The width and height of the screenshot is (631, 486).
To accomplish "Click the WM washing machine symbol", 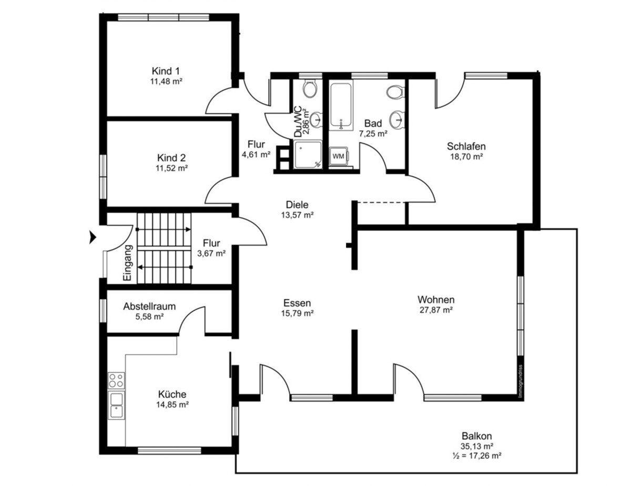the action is pyautogui.click(x=339, y=156).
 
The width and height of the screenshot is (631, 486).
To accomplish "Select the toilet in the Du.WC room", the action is pyautogui.click(x=310, y=88).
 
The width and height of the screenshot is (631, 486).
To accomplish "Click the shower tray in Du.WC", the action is pyautogui.click(x=308, y=155).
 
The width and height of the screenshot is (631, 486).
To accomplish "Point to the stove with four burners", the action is pyautogui.click(x=116, y=380).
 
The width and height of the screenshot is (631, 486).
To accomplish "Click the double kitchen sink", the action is pyautogui.click(x=116, y=405).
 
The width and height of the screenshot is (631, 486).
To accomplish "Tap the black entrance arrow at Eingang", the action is pyautogui.click(x=93, y=237).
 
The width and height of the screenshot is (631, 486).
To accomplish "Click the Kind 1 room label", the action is pyautogui.click(x=166, y=71).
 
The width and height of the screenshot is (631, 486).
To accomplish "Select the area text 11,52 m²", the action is pyautogui.click(x=171, y=168).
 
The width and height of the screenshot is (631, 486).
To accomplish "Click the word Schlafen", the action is pyautogui.click(x=466, y=146).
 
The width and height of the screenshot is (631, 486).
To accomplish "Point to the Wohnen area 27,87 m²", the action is pyautogui.click(x=436, y=310).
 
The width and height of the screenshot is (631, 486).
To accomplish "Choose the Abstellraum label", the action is pyautogui.click(x=149, y=306).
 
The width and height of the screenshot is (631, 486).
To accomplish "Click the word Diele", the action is pyautogui.click(x=297, y=205).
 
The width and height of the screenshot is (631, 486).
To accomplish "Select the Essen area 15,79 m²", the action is pyautogui.click(x=297, y=313).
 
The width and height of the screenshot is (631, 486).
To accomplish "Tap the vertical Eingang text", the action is pyautogui.click(x=128, y=263).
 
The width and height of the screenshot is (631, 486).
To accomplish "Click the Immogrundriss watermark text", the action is pyautogui.click(x=521, y=381).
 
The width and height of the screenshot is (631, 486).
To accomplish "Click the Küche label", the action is pyautogui.click(x=172, y=394).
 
